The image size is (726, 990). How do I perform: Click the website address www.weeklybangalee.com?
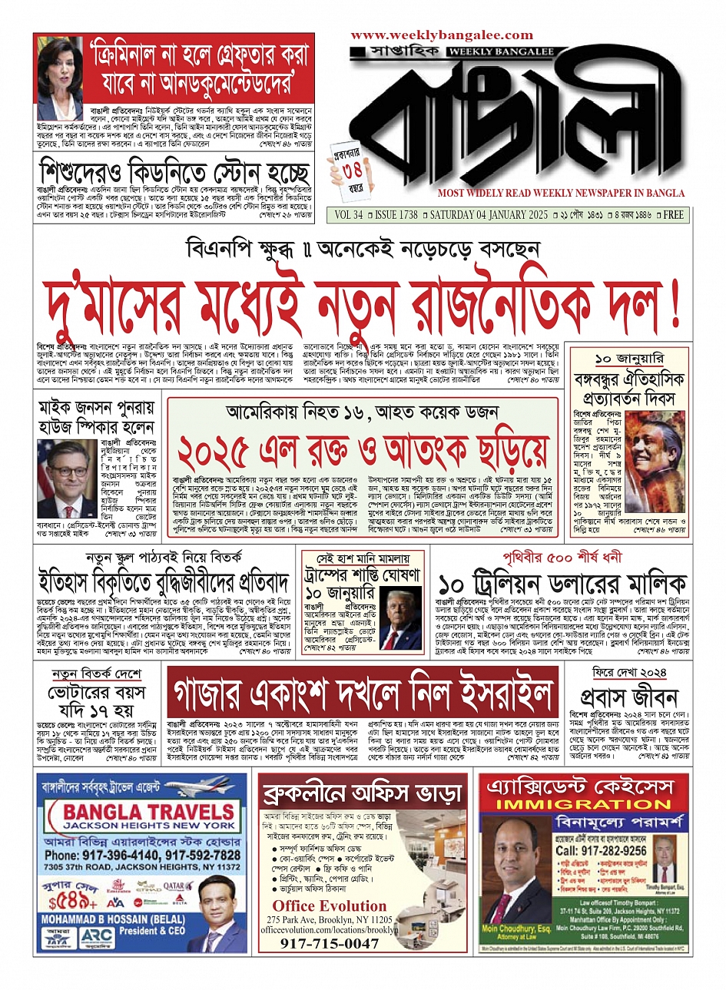pyautogui.click(x=442, y=35)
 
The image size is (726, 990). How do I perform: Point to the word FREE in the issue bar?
pyautogui.click(x=673, y=215)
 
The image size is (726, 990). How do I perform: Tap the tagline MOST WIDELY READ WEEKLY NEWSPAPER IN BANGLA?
pyautogui.click(x=561, y=194)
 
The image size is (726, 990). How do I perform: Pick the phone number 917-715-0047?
pyautogui.click(x=330, y=943)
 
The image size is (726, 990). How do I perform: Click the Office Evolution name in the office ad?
pyautogui.click(x=330, y=906)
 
